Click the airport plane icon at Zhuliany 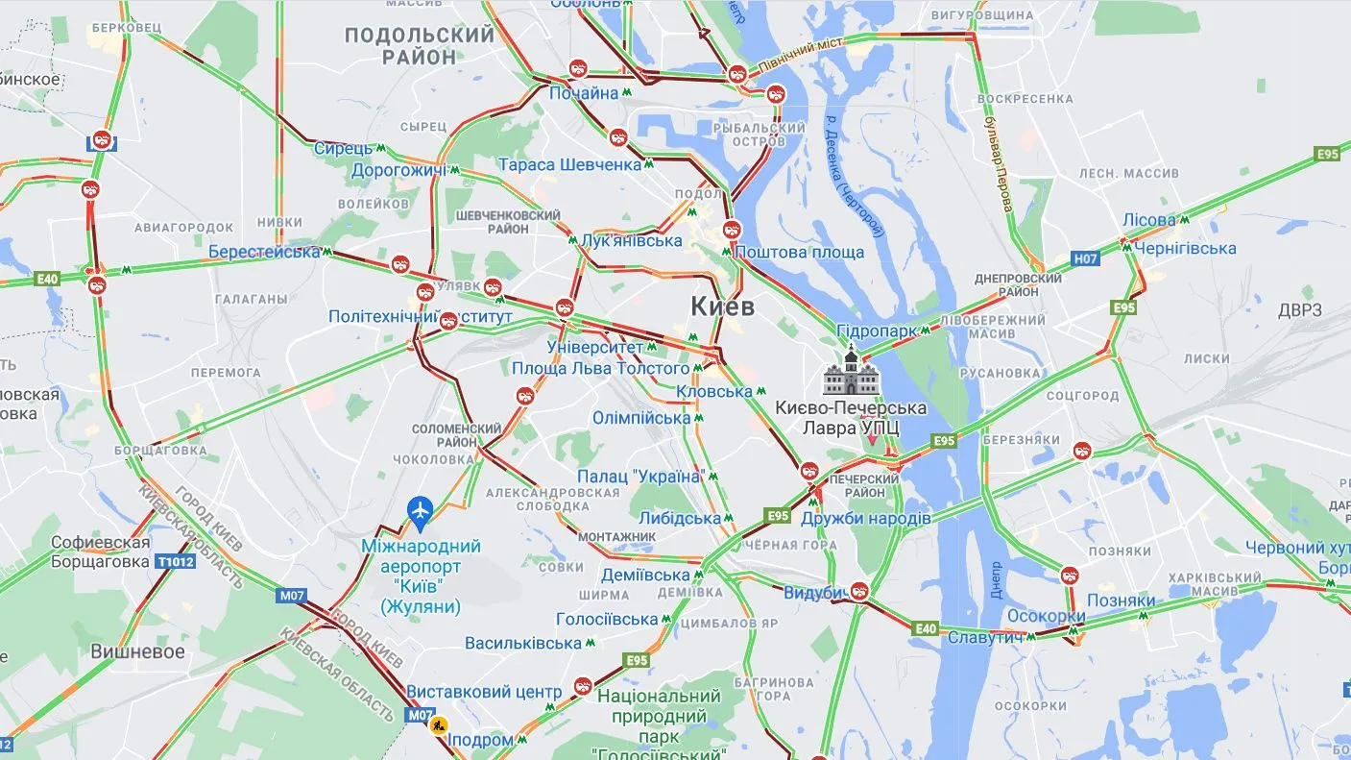click(x=420, y=510)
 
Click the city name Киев click(x=722, y=306)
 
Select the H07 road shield click(x=1085, y=258)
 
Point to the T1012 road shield click(x=176, y=561)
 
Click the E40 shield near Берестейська click(x=47, y=279)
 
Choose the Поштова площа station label click(x=799, y=253)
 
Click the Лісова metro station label click(x=1148, y=220)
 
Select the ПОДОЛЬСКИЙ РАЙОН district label click(x=419, y=45)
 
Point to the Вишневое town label click(x=137, y=650)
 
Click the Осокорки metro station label click(x=1046, y=616)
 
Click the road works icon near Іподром click(x=439, y=725)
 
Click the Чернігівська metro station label click(x=1185, y=249)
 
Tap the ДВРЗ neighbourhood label click(x=1299, y=310)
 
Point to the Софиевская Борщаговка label click(x=101, y=552)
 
